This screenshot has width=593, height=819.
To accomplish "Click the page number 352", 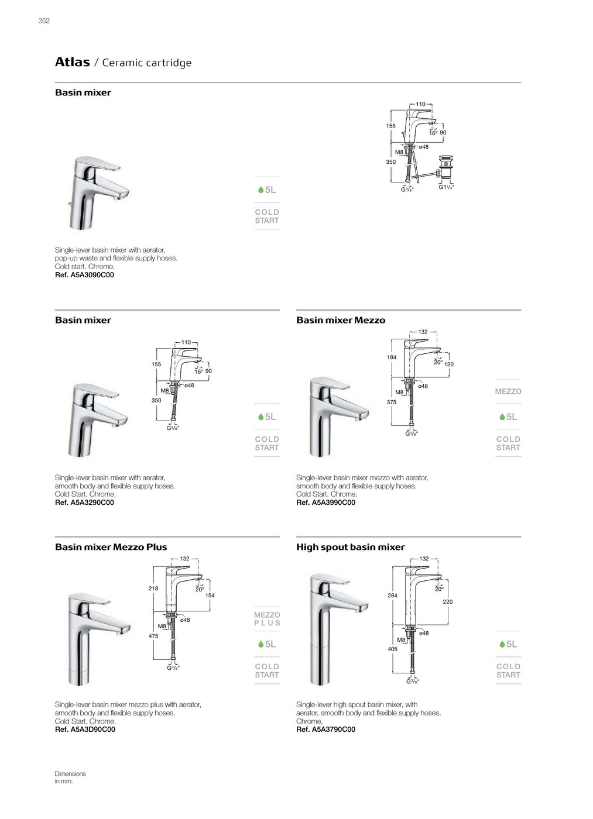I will point(44,21).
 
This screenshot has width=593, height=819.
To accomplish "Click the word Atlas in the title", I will point(72,62).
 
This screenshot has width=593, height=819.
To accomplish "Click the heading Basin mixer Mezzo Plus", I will point(111,547).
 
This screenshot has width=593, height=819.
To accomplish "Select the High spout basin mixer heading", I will point(350,547).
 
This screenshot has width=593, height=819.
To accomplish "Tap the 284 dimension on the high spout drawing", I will point(392,596).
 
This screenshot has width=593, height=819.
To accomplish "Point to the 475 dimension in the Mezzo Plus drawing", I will point(153,636).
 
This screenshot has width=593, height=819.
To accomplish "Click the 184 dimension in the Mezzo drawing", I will point(392,357).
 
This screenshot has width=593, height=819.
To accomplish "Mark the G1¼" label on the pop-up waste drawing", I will point(446,187).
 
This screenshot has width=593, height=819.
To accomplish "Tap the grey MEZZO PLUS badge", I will point(267,619).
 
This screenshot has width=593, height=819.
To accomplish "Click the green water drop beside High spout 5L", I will point(502,644).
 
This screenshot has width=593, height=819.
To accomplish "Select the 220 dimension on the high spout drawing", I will point(448,601).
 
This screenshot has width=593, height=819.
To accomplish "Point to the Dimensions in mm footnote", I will point(70,777).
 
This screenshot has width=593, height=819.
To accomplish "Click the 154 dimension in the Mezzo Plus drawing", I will point(210,596).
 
